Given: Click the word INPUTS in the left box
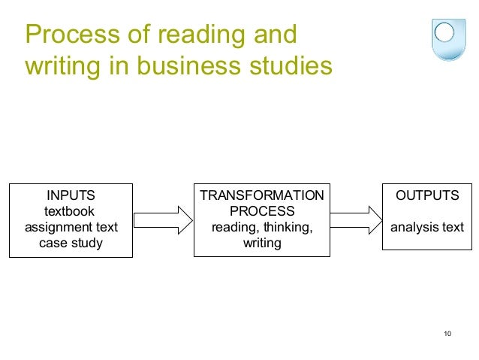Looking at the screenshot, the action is tap(71, 195).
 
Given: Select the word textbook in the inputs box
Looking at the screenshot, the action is tap(71, 211).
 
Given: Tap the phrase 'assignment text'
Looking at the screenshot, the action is tap(71, 227).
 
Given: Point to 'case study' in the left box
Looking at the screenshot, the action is tap(71, 243).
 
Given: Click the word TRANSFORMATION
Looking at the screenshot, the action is tap(261, 195).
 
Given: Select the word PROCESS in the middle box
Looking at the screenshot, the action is tap(261, 211).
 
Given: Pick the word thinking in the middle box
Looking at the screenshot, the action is tap(286, 227).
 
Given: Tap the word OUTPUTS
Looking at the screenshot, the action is tap(427, 195).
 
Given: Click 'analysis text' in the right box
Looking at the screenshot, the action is tap(427, 227).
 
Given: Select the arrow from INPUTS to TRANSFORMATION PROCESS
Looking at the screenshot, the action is tap(163, 219).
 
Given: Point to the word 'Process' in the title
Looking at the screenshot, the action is tap(67, 35).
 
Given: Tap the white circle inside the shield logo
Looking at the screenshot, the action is tap(444, 32).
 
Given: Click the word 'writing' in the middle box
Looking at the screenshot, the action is tap(261, 243).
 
